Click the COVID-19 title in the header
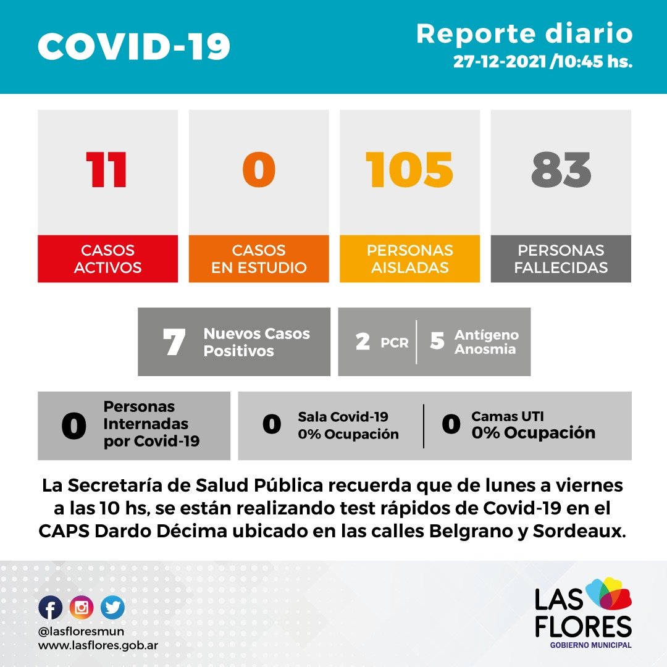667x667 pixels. pos(134,46)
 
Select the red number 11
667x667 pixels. pos(107,170)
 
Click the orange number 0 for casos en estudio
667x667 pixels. pos(258,170)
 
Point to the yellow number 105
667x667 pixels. pos(409,170)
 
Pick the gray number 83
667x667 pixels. pos(561,170)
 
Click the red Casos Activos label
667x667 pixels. pos(107,259)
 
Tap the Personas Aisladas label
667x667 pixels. pos(409,259)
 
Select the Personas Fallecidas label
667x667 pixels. pos(561,259)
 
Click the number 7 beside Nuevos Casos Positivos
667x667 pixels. pos(174,343)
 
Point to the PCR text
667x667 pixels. pos(395,343)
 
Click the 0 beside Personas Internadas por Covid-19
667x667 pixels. pos(73,427)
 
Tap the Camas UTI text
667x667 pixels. pos(508,417)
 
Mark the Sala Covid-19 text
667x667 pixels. pos(343,417)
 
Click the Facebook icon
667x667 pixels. pos(51,608)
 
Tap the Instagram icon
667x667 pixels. pos(82,608)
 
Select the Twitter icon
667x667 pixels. pos(112,608)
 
